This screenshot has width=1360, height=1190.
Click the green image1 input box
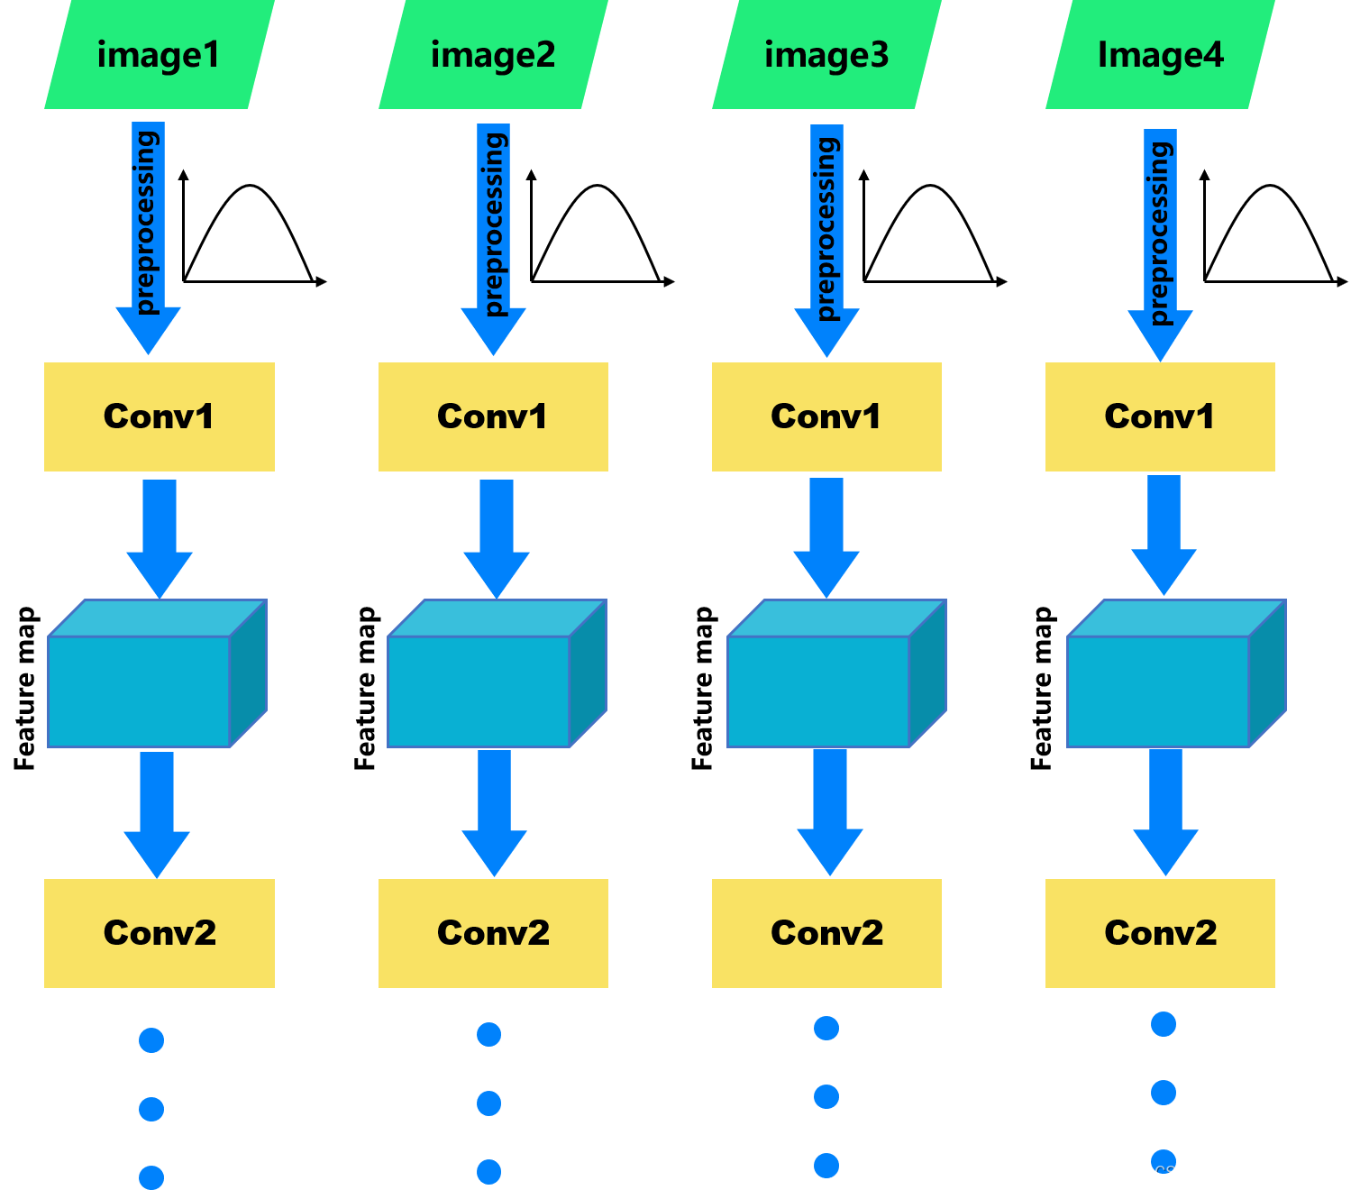pos(159,55)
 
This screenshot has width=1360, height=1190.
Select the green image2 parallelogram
pos(493,55)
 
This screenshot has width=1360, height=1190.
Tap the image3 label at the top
pos(826,55)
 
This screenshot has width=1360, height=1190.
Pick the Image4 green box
pos(1160,55)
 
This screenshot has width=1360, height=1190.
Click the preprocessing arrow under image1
pos(148,234)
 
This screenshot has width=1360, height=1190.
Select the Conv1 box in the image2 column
pos(493,416)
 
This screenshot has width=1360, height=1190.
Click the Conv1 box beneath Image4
pos(1160,416)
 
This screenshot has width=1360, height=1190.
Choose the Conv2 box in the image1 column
pos(160,933)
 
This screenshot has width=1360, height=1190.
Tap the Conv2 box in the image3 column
pos(826,933)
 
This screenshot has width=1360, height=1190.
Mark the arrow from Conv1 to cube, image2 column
pos(497,536)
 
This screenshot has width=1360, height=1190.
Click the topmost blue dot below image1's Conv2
pos(151,1040)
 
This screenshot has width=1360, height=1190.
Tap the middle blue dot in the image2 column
pos(489,1103)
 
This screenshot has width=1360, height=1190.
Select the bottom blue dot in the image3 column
pos(826,1166)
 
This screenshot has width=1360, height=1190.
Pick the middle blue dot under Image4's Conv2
pos(1164,1093)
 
